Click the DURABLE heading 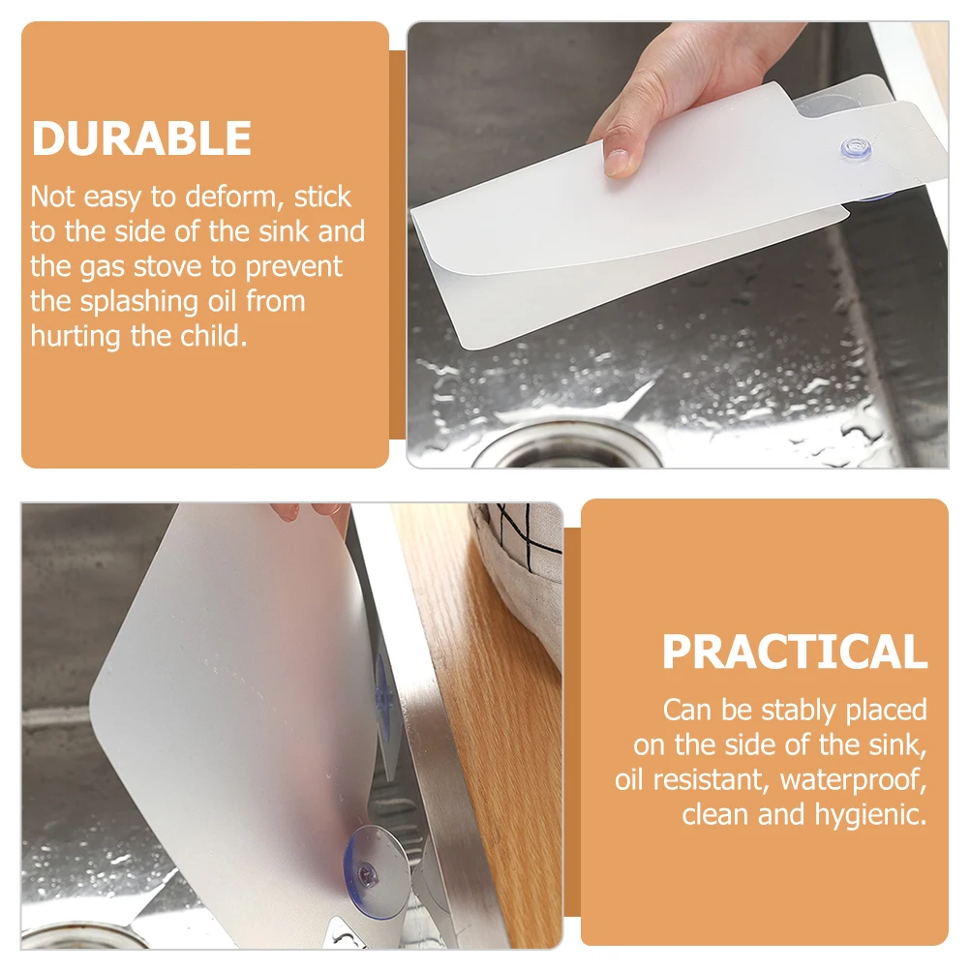[x=141, y=138]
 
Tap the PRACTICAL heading [x=794, y=652]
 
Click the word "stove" [x=163, y=266]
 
